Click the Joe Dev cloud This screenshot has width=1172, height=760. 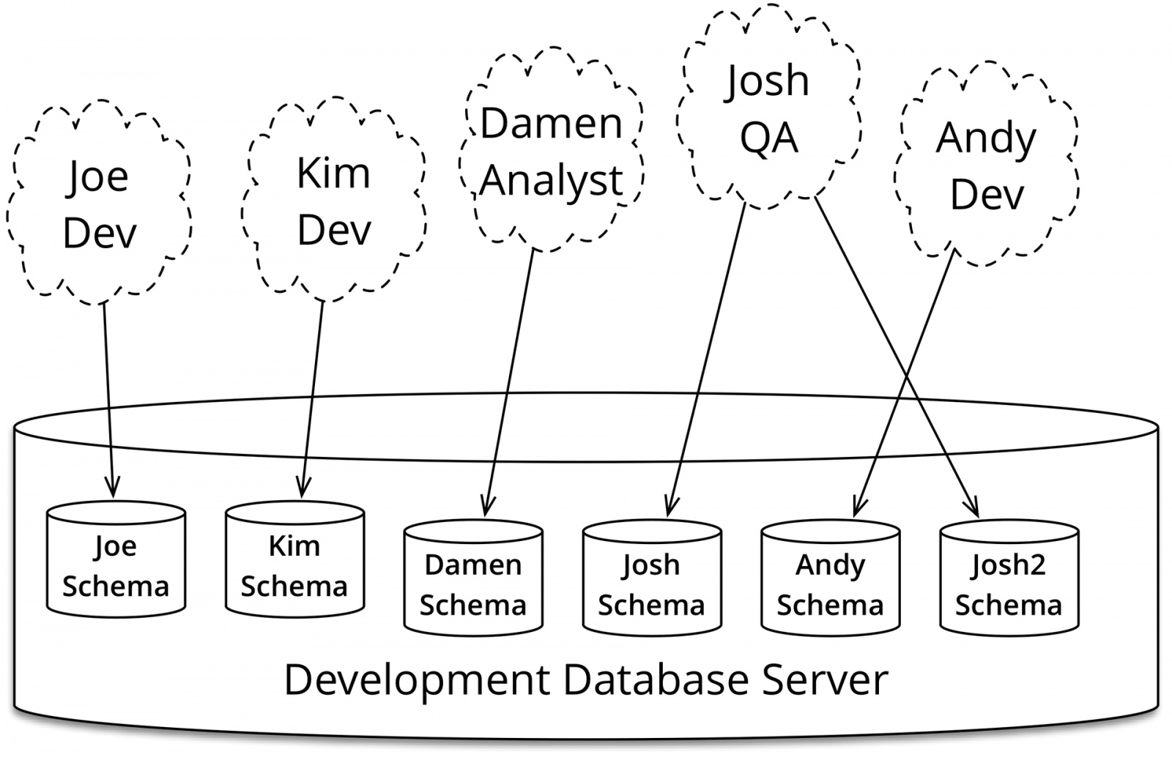100,201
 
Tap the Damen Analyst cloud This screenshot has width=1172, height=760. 552,150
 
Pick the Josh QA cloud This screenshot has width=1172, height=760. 768,107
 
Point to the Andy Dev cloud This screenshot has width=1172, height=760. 986,164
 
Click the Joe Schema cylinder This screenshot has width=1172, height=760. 116,559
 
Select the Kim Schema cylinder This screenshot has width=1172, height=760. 294,559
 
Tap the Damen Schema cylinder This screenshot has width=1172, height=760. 473,578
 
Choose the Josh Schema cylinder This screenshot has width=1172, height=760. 652,578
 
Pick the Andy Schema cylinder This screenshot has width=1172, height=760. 831,578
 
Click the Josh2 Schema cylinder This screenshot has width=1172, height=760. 1009,578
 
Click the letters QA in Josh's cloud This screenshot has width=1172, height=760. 769,138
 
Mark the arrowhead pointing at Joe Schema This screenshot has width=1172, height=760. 113,487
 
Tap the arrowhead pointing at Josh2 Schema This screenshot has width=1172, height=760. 971,507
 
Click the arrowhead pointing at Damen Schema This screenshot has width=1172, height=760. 486,506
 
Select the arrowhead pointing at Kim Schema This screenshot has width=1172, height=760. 303,487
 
